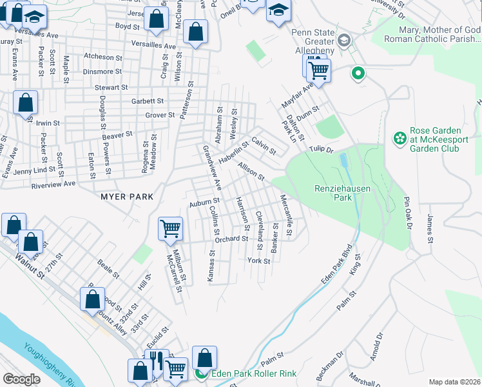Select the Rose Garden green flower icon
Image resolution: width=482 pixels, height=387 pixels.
pyautogui.click(x=400, y=138)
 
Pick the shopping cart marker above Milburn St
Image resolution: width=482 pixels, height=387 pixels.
pyautogui.click(x=170, y=227)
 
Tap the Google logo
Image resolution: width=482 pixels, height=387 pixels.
pyautogui.click(x=21, y=379)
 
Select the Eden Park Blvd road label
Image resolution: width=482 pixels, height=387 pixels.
pyautogui.click(x=338, y=264)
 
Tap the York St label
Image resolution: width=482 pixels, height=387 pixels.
pyautogui.click(x=258, y=261)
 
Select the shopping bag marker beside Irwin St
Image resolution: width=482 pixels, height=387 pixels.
pyautogui.click(x=25, y=103)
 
